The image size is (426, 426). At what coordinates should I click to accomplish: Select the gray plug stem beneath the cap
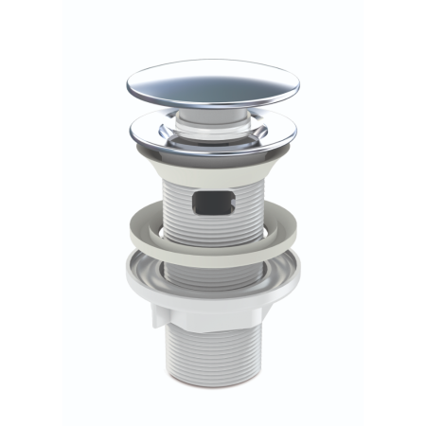click(x=211, y=112)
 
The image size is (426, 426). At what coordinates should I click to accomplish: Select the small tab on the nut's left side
click(x=151, y=322)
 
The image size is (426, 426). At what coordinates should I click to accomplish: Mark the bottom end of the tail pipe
click(x=214, y=390)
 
